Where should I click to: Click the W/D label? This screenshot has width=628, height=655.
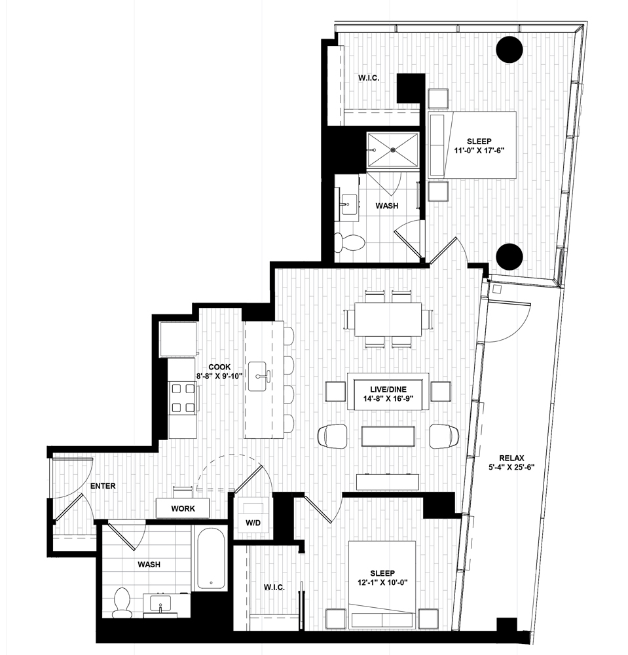click(x=253, y=523)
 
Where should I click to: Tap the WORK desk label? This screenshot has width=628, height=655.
click(x=183, y=508)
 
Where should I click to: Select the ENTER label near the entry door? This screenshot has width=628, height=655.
click(x=103, y=486)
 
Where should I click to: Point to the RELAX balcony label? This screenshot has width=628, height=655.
click(x=511, y=458)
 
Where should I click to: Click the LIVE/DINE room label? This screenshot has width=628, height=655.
click(x=388, y=389)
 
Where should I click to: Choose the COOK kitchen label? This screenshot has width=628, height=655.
click(x=219, y=367)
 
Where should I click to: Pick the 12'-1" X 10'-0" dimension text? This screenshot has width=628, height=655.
click(x=382, y=582)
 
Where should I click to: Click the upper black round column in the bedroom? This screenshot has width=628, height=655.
click(x=509, y=50)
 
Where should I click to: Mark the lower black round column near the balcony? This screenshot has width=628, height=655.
click(x=509, y=257)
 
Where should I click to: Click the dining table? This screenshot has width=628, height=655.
click(x=388, y=319)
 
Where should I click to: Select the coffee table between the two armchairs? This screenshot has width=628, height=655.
click(x=388, y=436)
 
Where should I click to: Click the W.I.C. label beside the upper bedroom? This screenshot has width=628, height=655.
click(x=369, y=78)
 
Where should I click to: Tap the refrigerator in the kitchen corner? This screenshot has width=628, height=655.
click(x=178, y=339)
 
